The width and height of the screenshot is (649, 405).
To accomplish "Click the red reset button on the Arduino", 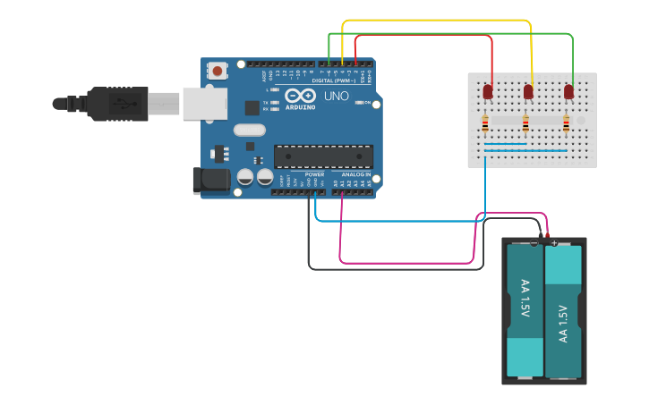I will tap(218, 70).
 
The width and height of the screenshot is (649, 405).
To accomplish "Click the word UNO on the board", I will tap(336, 97).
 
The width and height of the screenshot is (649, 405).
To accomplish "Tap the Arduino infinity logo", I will tap(300, 96).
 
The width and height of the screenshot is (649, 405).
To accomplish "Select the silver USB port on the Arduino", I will tap(204, 103).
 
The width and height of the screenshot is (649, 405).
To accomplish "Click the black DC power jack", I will tap(212, 179).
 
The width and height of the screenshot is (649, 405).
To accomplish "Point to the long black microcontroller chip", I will tap(323, 156).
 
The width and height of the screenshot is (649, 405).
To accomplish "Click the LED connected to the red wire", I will tap(489, 91).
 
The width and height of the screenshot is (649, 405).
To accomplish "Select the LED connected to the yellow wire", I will tap(528, 91).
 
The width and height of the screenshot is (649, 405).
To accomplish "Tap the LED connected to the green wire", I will tap(568, 91).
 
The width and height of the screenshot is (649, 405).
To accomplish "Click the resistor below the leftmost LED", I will tap(485, 123).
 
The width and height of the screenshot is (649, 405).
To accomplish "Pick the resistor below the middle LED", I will tap(525, 123).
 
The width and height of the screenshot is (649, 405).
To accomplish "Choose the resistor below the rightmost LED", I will tap(566, 123).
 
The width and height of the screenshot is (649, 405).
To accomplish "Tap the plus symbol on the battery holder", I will tap(555, 242).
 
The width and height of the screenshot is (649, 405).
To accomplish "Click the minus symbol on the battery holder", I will tap(534, 242).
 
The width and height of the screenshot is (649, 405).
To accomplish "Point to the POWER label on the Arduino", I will tap(314, 174).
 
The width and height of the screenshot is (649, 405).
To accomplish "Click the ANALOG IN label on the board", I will tap(355, 174).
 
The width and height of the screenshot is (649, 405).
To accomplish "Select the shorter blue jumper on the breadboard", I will tap(505, 143).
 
